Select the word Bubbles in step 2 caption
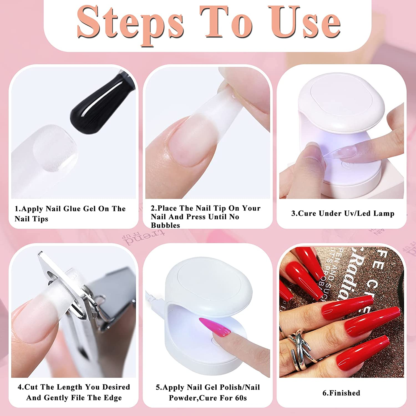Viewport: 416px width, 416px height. pyautogui.click(x=165, y=225)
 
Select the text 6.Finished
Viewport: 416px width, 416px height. pyautogui.click(x=341, y=393)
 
